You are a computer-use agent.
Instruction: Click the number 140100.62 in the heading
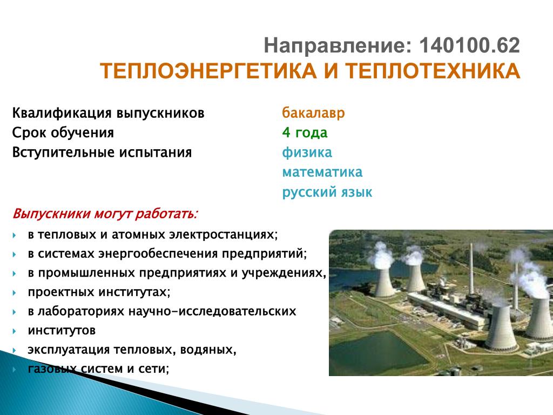point(469,45)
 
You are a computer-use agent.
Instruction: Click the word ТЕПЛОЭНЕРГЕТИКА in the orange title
point(208,71)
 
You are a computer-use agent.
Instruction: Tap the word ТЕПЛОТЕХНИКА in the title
point(433,71)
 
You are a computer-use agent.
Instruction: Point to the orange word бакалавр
point(313,113)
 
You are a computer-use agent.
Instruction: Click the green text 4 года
point(305,133)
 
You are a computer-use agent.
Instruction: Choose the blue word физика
point(307,152)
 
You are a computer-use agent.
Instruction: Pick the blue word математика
point(322,172)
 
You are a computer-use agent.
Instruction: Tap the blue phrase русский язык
point(327,192)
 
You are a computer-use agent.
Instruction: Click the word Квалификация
point(62,113)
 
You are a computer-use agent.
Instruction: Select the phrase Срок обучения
point(63,133)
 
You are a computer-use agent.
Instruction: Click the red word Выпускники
point(51,214)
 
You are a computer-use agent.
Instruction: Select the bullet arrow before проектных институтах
point(15,292)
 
